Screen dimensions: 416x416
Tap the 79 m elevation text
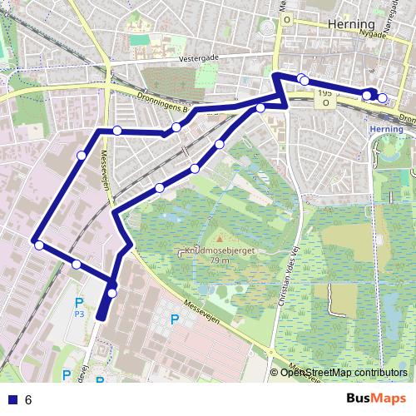(x=220, y=260)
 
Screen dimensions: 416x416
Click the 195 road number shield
(x=324, y=95)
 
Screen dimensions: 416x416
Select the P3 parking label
(x=79, y=314)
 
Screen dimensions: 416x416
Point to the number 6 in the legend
(x=28, y=400)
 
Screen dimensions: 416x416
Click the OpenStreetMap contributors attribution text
(x=343, y=373)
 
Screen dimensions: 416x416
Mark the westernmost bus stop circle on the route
(x=38, y=245)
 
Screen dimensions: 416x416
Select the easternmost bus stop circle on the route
(x=382, y=97)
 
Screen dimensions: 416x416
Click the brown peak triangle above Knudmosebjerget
(x=220, y=240)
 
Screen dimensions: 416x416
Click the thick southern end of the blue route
(x=102, y=313)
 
